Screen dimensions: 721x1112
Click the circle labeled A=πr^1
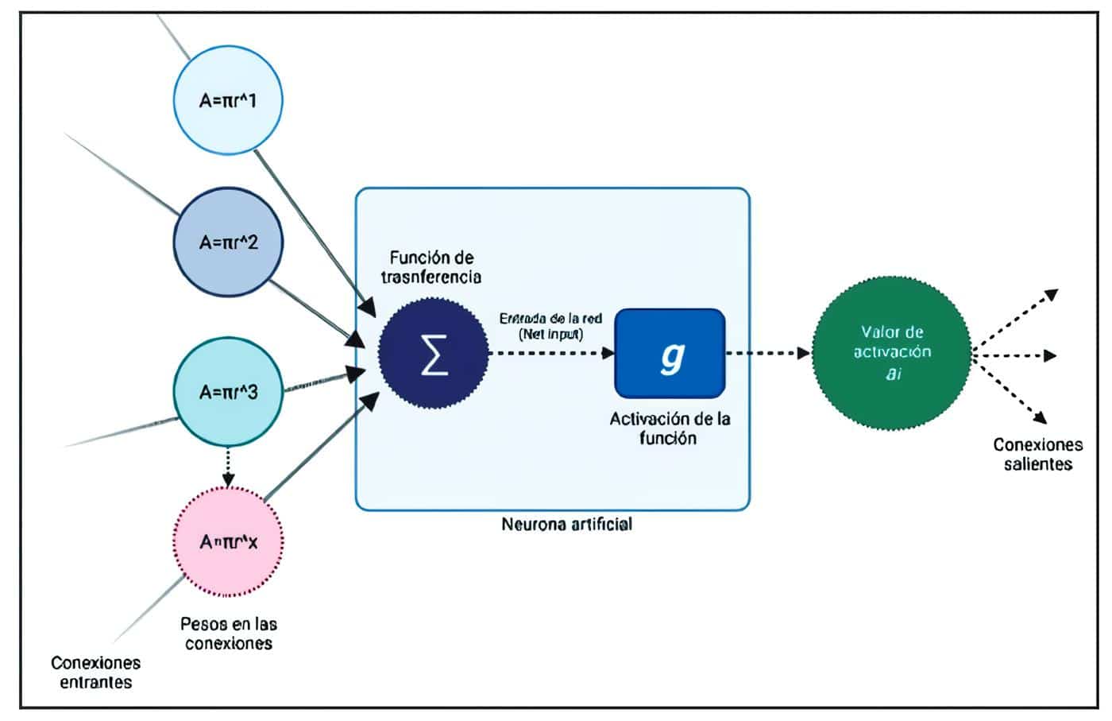[x=228, y=100]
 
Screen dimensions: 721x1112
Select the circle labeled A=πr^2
[x=228, y=242]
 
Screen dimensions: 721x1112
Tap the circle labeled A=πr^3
[x=228, y=392]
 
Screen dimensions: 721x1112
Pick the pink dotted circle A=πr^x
[x=228, y=542]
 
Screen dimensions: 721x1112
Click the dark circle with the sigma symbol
[x=434, y=354]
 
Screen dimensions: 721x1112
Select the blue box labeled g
[x=670, y=354]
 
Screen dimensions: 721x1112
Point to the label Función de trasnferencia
[x=431, y=267]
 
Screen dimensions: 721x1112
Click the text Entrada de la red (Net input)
[x=550, y=326]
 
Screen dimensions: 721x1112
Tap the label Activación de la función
[x=670, y=428]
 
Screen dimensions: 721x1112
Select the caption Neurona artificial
[x=566, y=524]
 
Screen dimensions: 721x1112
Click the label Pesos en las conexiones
[x=229, y=634]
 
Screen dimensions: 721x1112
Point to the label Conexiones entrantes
[x=95, y=672]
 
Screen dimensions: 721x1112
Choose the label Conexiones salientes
[x=1037, y=454]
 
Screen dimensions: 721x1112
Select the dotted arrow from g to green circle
[x=767, y=354]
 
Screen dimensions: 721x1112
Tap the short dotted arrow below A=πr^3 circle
[x=228, y=468]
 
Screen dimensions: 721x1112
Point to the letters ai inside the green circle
[x=893, y=373]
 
